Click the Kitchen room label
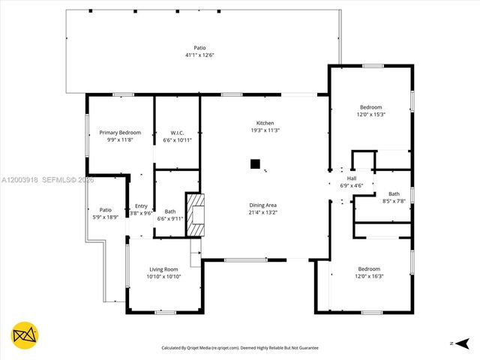click(265, 123)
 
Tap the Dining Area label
click(263, 205)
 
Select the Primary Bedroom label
click(120, 133)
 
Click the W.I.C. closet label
click(177, 133)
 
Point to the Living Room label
click(163, 269)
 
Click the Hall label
click(352, 178)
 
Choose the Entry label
click(141, 206)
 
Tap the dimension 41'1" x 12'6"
click(199, 55)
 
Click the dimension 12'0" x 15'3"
click(370, 115)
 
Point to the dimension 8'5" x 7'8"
click(394, 201)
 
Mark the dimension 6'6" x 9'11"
click(170, 219)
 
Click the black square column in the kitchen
click(255, 163)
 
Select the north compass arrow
click(460, 343)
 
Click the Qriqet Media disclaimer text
click(240, 348)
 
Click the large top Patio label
click(199, 47)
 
